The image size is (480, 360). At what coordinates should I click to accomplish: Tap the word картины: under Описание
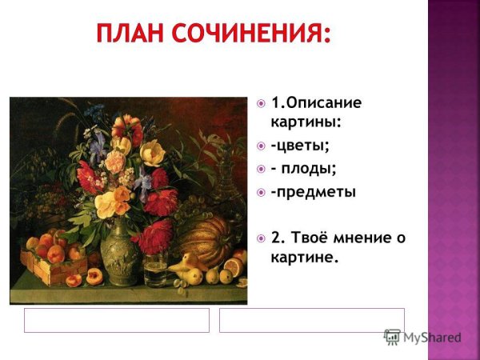pos(306,122)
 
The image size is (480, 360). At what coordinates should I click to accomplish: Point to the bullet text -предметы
pos(313,192)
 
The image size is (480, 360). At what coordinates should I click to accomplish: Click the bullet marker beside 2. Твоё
pos(261,238)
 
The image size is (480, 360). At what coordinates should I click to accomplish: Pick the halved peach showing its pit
pos(94,277)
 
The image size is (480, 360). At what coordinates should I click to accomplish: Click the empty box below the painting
pos(116,320)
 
